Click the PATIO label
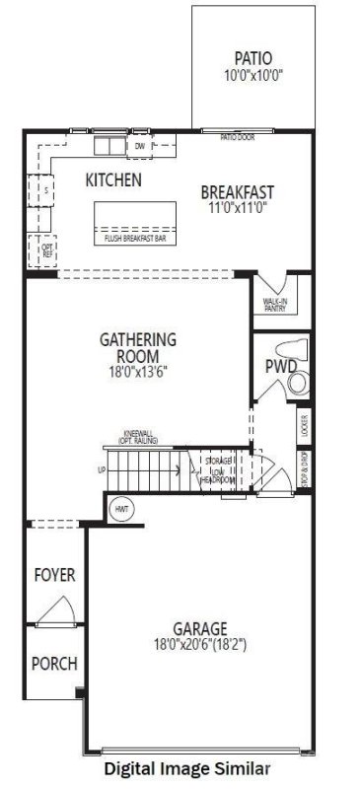coord(252,57)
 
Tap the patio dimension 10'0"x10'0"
coord(252,74)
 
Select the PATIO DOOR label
coord(237,137)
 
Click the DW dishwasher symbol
coord(139,147)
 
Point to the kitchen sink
coord(108,146)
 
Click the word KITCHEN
coord(113,180)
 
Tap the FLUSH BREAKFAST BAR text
coord(135,238)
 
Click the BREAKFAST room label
coord(237,191)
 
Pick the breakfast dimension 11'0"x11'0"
coord(237,208)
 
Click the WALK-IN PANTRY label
coord(274,305)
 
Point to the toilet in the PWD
coord(296,352)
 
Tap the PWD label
coord(280,367)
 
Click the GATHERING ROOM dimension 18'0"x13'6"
coord(138,374)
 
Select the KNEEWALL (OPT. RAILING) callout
coord(141,439)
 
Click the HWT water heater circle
coord(122,509)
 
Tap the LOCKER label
coord(305,426)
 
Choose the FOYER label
coord(54,574)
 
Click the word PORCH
coord(54,664)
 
